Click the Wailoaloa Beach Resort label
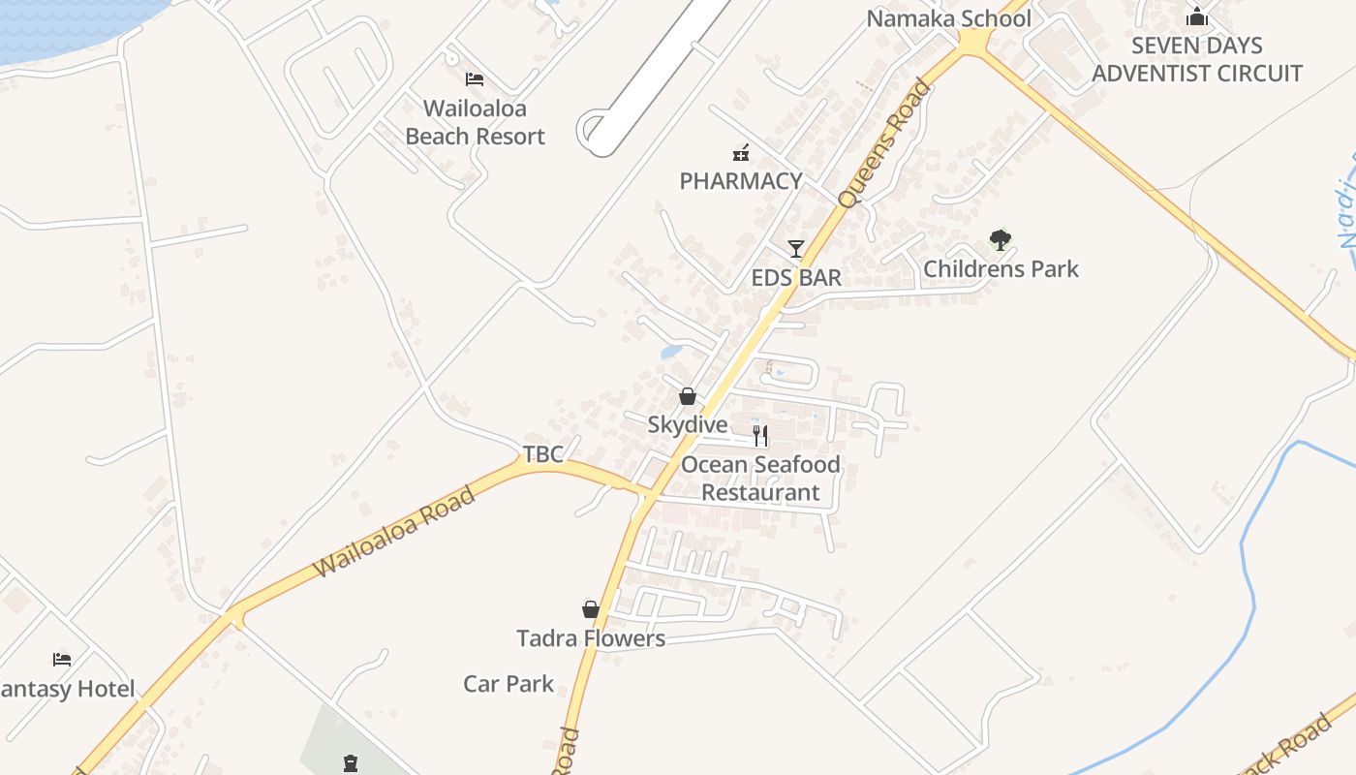click(475, 122)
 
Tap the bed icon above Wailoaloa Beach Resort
click(475, 78)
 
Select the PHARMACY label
click(741, 181)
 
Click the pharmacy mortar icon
click(741, 152)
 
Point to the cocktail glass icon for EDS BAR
click(796, 249)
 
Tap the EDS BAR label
click(796, 278)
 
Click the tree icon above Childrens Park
click(1001, 239)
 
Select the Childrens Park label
click(1001, 268)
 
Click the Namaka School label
click(948, 18)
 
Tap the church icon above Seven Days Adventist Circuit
click(1197, 16)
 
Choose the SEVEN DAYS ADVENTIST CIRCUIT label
click(1197, 59)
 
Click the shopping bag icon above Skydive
click(688, 396)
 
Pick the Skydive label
click(688, 424)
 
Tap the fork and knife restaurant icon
click(760, 435)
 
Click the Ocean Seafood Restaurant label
click(760, 479)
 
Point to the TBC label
click(542, 453)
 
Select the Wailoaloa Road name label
click(395, 533)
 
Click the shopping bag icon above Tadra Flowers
click(591, 609)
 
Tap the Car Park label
click(508, 684)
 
